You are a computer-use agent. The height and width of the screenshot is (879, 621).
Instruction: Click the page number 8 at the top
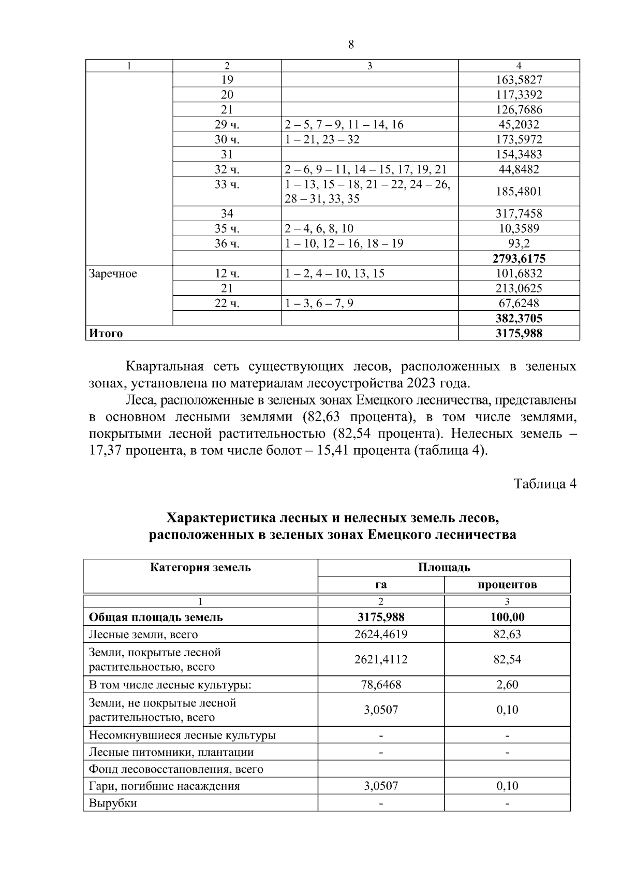point(351,45)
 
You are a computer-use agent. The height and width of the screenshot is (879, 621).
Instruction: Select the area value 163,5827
point(519,80)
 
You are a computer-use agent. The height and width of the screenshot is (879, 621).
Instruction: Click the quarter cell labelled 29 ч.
point(227,124)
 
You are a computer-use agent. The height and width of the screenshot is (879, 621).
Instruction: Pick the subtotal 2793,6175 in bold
point(519,258)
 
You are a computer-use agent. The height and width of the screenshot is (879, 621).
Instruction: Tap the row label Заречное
point(113,273)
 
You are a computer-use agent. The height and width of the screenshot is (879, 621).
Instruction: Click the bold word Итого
point(106,333)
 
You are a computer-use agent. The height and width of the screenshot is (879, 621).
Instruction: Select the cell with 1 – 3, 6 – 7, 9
point(319,303)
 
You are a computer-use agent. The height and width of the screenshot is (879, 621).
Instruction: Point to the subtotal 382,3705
point(519,318)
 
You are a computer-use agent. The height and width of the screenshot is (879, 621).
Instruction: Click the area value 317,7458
point(519,213)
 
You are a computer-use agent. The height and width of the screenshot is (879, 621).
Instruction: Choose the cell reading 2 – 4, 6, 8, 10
point(319,228)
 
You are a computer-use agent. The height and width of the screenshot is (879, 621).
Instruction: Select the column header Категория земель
point(200,567)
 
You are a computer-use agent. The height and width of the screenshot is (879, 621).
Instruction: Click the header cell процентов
point(507,585)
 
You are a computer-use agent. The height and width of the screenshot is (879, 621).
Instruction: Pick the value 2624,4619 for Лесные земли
point(380,634)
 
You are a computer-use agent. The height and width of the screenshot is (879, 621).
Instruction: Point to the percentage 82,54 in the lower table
point(507,659)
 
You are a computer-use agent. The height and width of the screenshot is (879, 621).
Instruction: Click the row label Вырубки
point(113,803)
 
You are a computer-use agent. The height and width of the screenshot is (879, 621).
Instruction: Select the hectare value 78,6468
point(380,685)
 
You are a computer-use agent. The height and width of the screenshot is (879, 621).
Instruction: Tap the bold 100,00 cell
point(507,617)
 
